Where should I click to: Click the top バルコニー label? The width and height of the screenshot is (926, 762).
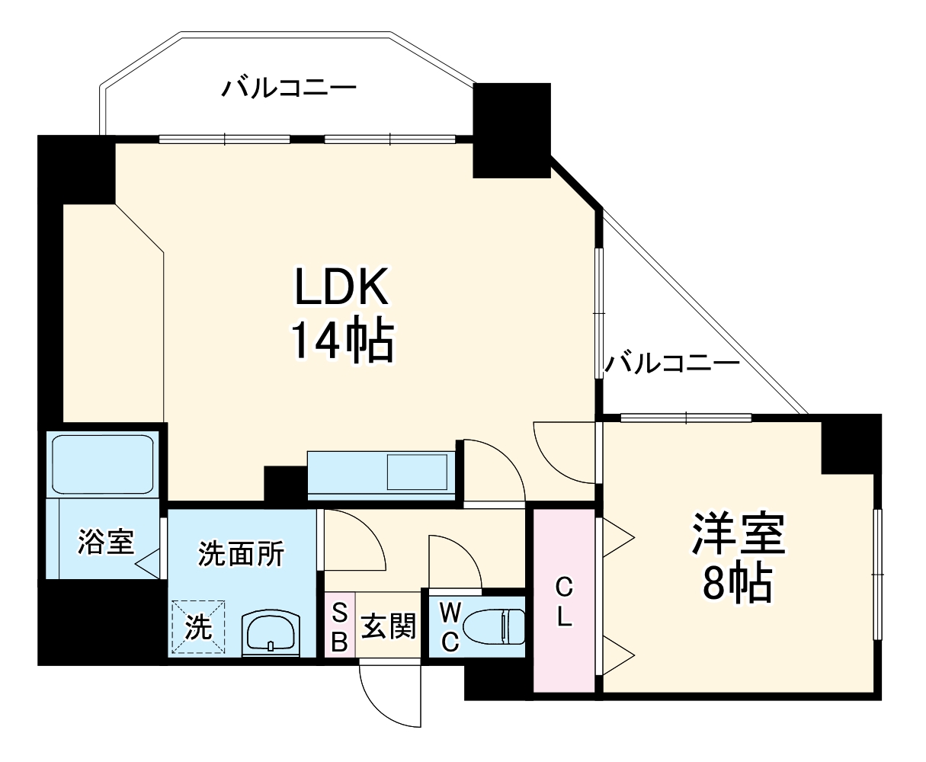(x=289, y=89)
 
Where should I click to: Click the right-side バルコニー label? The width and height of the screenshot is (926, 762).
(x=672, y=363)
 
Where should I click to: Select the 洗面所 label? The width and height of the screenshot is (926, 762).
(x=241, y=554)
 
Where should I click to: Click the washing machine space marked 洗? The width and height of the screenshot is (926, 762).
(x=199, y=627)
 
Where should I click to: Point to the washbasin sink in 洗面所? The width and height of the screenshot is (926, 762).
(x=271, y=632)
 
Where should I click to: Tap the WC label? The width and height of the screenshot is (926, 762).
(x=450, y=627)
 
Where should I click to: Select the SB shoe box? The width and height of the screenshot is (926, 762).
(x=340, y=627)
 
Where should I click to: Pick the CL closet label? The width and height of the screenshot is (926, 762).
(x=563, y=602)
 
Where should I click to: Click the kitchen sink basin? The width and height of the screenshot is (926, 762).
(x=417, y=472)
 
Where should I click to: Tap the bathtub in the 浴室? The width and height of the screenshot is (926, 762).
(x=102, y=465)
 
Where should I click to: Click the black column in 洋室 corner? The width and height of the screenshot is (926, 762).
(x=851, y=443)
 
